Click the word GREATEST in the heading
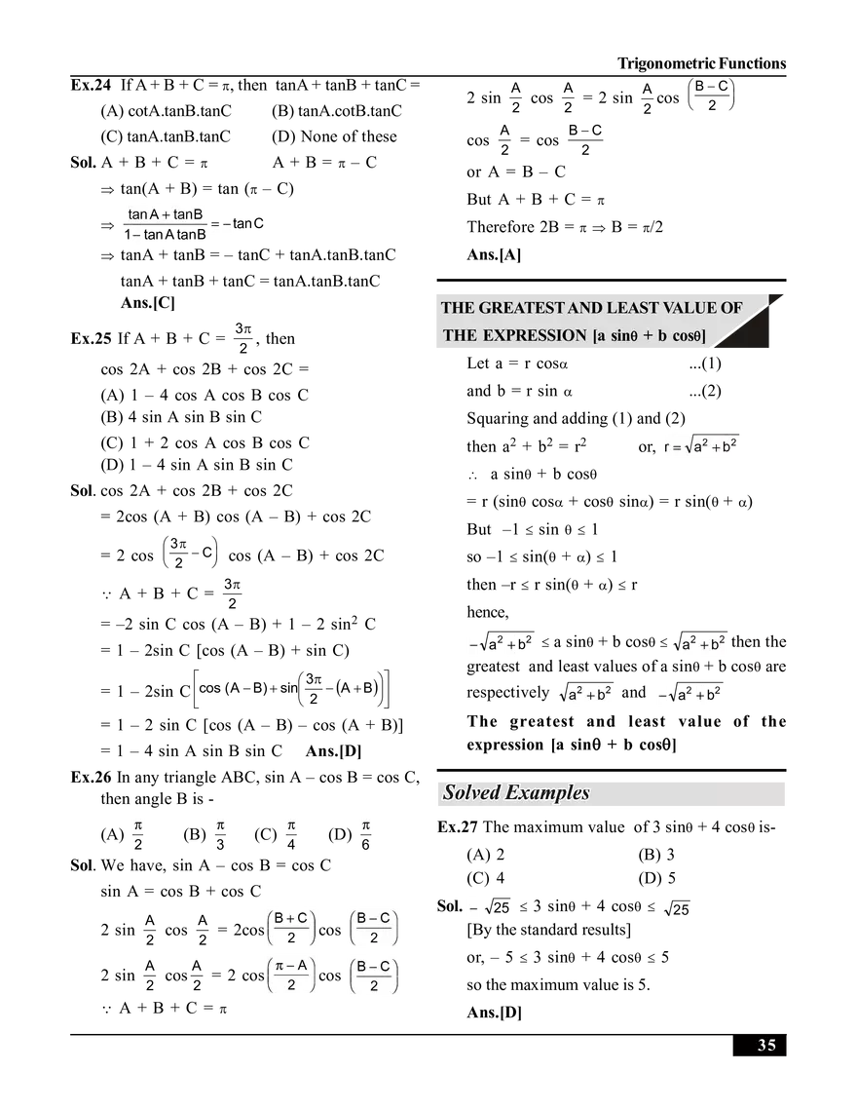pyautogui.click(x=522, y=308)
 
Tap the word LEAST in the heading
pyautogui.click(x=632, y=308)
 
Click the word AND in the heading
pyautogui.click(x=584, y=308)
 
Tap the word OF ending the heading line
pyautogui.click(x=731, y=308)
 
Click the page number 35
pyautogui.click(x=767, y=1046)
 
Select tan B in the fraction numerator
pyautogui.click(x=187, y=214)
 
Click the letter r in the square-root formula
pyautogui.click(x=668, y=447)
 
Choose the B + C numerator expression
pyautogui.click(x=289, y=917)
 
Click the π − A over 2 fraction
pyautogui.click(x=289, y=975)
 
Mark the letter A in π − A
pyautogui.click(x=302, y=966)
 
